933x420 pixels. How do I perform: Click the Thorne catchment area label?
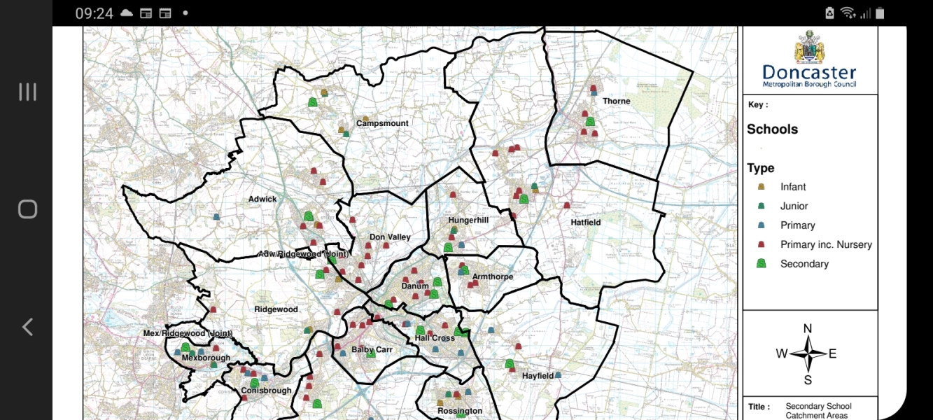pos(616,101)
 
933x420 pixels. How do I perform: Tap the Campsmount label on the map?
pos(382,123)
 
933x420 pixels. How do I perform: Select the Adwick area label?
pos(262,199)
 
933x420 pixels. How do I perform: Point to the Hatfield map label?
pos(585,223)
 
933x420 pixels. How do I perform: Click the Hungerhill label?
pos(468,220)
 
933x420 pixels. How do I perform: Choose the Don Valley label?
pos(390,237)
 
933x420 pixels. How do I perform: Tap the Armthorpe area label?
pos(492,276)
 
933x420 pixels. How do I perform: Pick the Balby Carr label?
pos(372,349)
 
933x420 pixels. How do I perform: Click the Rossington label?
pos(460,411)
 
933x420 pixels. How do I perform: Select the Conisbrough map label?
pos(266,391)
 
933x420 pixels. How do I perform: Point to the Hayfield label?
pos(538,376)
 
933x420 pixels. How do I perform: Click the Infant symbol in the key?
pos(762,187)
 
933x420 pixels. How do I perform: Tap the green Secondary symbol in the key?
pos(762,264)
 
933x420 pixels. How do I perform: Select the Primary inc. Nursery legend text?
pos(826,245)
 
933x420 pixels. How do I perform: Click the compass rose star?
pos(808,353)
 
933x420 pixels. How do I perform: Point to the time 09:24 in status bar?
pos(94,13)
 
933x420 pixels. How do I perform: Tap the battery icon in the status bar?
pos(880,13)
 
